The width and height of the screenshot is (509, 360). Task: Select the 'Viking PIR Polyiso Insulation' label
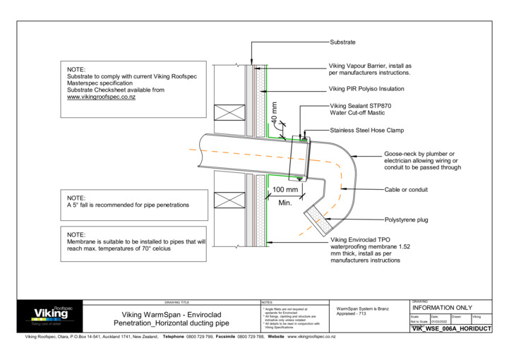(x=366, y=90)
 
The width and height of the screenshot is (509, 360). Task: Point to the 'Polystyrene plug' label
(x=406, y=220)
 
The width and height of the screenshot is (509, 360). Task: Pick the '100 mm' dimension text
(x=285, y=190)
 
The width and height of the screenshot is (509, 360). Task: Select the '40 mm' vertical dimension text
(x=275, y=113)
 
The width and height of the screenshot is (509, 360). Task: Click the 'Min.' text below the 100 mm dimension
(x=285, y=203)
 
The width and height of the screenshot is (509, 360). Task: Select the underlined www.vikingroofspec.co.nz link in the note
(x=101, y=97)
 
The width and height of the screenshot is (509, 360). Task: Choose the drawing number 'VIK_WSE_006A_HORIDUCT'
(x=451, y=329)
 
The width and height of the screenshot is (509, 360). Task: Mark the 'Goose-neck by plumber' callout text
(x=422, y=161)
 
